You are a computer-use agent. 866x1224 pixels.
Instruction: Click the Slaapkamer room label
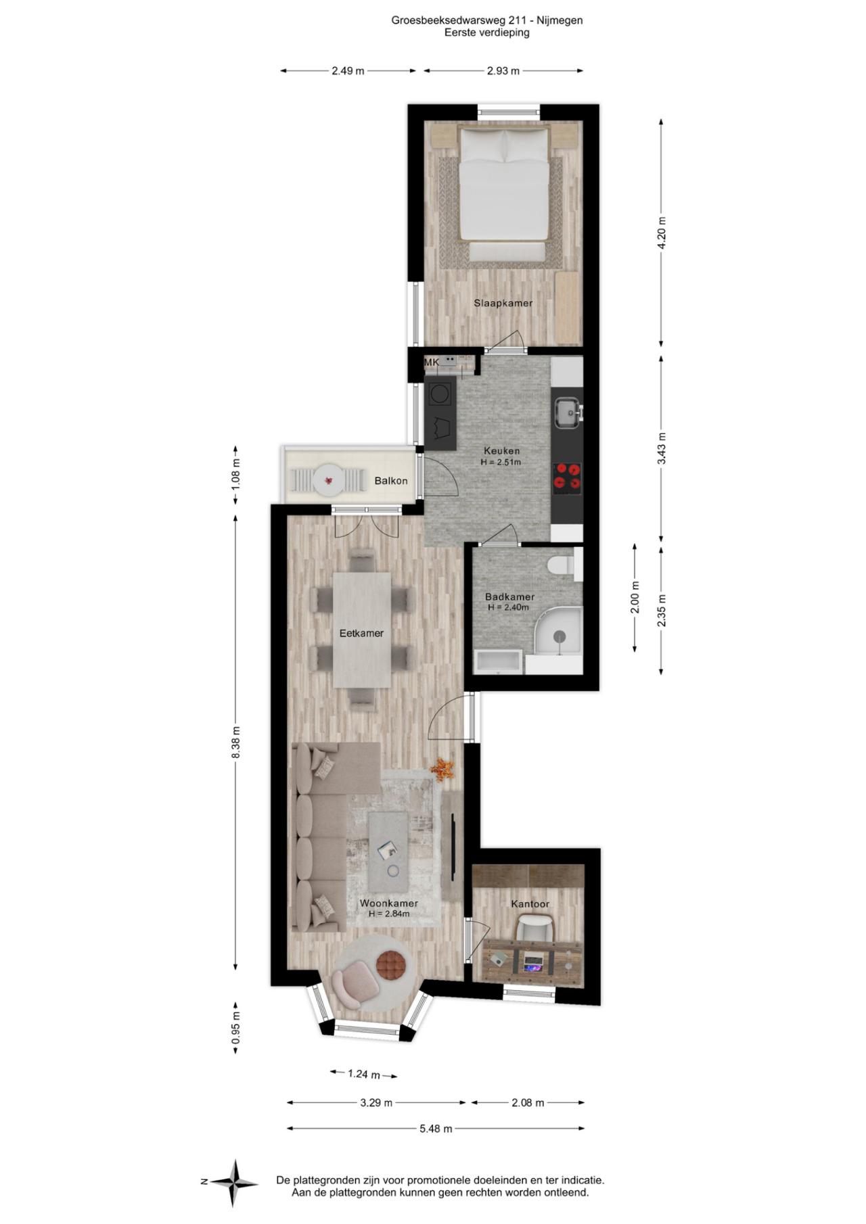click(x=503, y=303)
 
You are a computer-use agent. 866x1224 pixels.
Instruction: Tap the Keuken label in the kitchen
click(x=501, y=451)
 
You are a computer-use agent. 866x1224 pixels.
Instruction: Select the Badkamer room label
click(x=509, y=597)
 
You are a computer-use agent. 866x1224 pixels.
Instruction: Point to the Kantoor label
click(x=530, y=904)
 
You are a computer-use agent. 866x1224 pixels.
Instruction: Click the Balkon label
click(x=391, y=481)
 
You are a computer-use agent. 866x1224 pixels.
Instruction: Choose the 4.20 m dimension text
click(x=662, y=233)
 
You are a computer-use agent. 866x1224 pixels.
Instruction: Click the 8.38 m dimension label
click(x=236, y=743)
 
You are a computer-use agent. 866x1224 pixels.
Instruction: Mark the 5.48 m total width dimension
click(x=436, y=1129)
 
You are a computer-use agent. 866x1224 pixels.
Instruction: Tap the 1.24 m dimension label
click(x=364, y=1074)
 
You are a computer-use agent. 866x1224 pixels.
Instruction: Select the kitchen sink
click(x=567, y=413)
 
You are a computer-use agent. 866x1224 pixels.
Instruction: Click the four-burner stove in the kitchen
click(x=567, y=475)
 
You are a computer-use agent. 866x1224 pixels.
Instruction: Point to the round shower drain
click(x=559, y=636)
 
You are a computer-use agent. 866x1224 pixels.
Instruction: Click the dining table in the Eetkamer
click(x=362, y=630)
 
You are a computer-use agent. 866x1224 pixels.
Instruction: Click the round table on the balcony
click(x=328, y=481)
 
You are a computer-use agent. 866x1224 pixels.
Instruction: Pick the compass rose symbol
click(x=233, y=1183)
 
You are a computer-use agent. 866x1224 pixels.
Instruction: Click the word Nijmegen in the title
click(x=560, y=20)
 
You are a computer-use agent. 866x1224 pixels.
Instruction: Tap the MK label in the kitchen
click(x=432, y=362)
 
